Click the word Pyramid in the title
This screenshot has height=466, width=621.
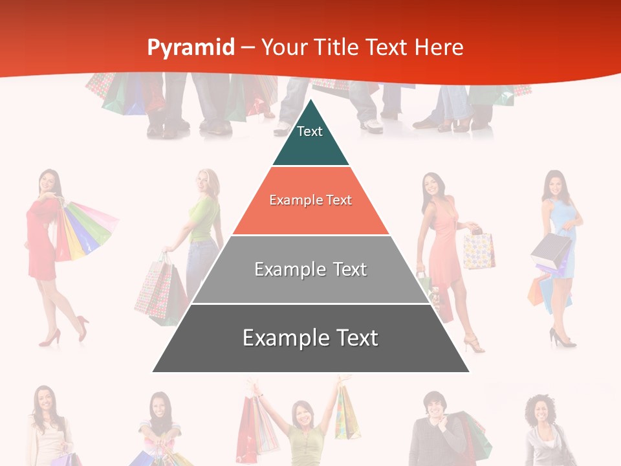190,47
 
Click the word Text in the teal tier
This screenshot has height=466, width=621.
310,131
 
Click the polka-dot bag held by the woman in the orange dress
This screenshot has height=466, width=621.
478,250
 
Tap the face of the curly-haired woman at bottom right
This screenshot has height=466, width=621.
539,412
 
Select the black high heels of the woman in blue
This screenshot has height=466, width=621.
561,338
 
